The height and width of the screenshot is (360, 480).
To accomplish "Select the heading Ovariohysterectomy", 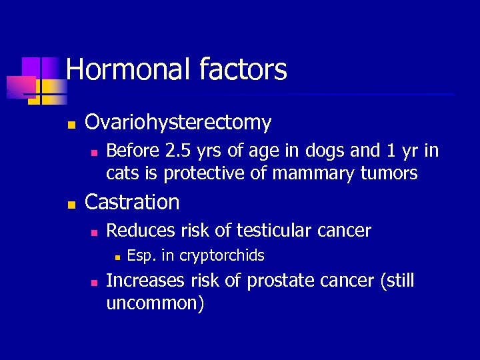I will click(x=179, y=123).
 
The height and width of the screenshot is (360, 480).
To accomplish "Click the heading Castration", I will click(x=133, y=202).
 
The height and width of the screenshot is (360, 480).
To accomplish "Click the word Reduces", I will click(x=137, y=231).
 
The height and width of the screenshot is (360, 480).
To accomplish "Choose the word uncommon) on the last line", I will click(x=155, y=304).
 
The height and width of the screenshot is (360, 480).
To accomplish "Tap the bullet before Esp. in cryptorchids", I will click(x=116, y=257).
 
